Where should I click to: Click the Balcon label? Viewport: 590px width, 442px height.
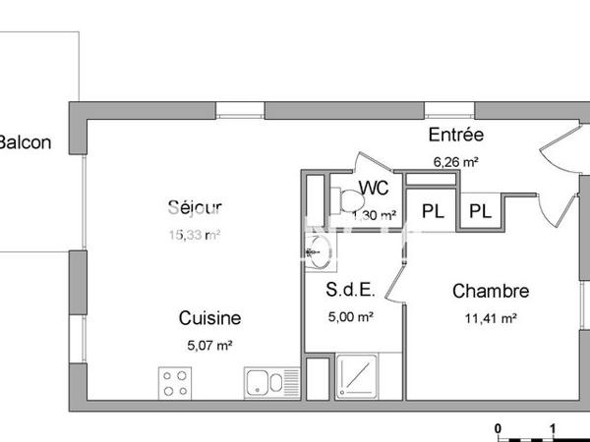pyautogui.click(x=25, y=142)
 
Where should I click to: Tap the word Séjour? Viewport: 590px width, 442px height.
pyautogui.click(x=194, y=207)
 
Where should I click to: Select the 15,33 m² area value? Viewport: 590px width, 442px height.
pyautogui.click(x=194, y=234)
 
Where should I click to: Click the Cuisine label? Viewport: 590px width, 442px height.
pyautogui.click(x=209, y=318)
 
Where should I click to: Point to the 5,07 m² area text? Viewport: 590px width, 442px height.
pyautogui.click(x=209, y=345)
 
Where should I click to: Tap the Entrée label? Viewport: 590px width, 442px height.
pyautogui.click(x=455, y=136)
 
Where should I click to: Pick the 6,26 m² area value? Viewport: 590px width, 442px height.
pyautogui.click(x=455, y=161)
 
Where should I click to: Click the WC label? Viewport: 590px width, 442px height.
pyautogui.click(x=373, y=188)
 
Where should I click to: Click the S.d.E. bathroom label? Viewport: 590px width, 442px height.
pyautogui.click(x=349, y=291)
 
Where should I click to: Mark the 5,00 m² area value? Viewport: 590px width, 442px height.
pyautogui.click(x=349, y=316)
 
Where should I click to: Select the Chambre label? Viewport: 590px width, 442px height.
pyautogui.click(x=491, y=291)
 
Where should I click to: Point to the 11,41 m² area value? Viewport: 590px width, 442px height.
pyautogui.click(x=491, y=317)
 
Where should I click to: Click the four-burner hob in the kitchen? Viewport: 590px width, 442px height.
pyautogui.click(x=176, y=383)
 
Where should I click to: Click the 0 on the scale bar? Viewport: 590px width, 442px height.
pyautogui.click(x=499, y=428)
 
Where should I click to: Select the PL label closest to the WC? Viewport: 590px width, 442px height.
pyautogui.click(x=432, y=210)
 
